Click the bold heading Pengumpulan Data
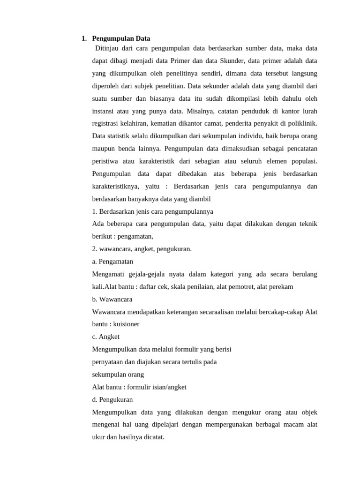click(x=121, y=38)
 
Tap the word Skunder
click(x=227, y=61)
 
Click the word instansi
click(x=104, y=111)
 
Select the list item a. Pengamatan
click(x=112, y=262)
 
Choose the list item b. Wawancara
click(x=112, y=299)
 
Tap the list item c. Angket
click(x=106, y=337)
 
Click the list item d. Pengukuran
click(x=112, y=400)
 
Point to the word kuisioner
click(x=124, y=324)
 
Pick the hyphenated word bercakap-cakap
click(x=281, y=312)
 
